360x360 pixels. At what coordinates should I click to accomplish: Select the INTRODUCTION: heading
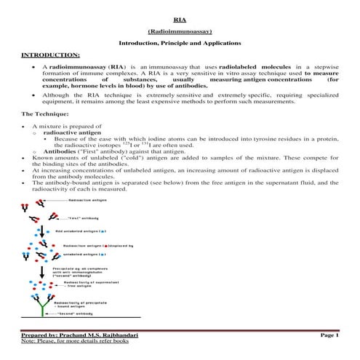50,55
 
